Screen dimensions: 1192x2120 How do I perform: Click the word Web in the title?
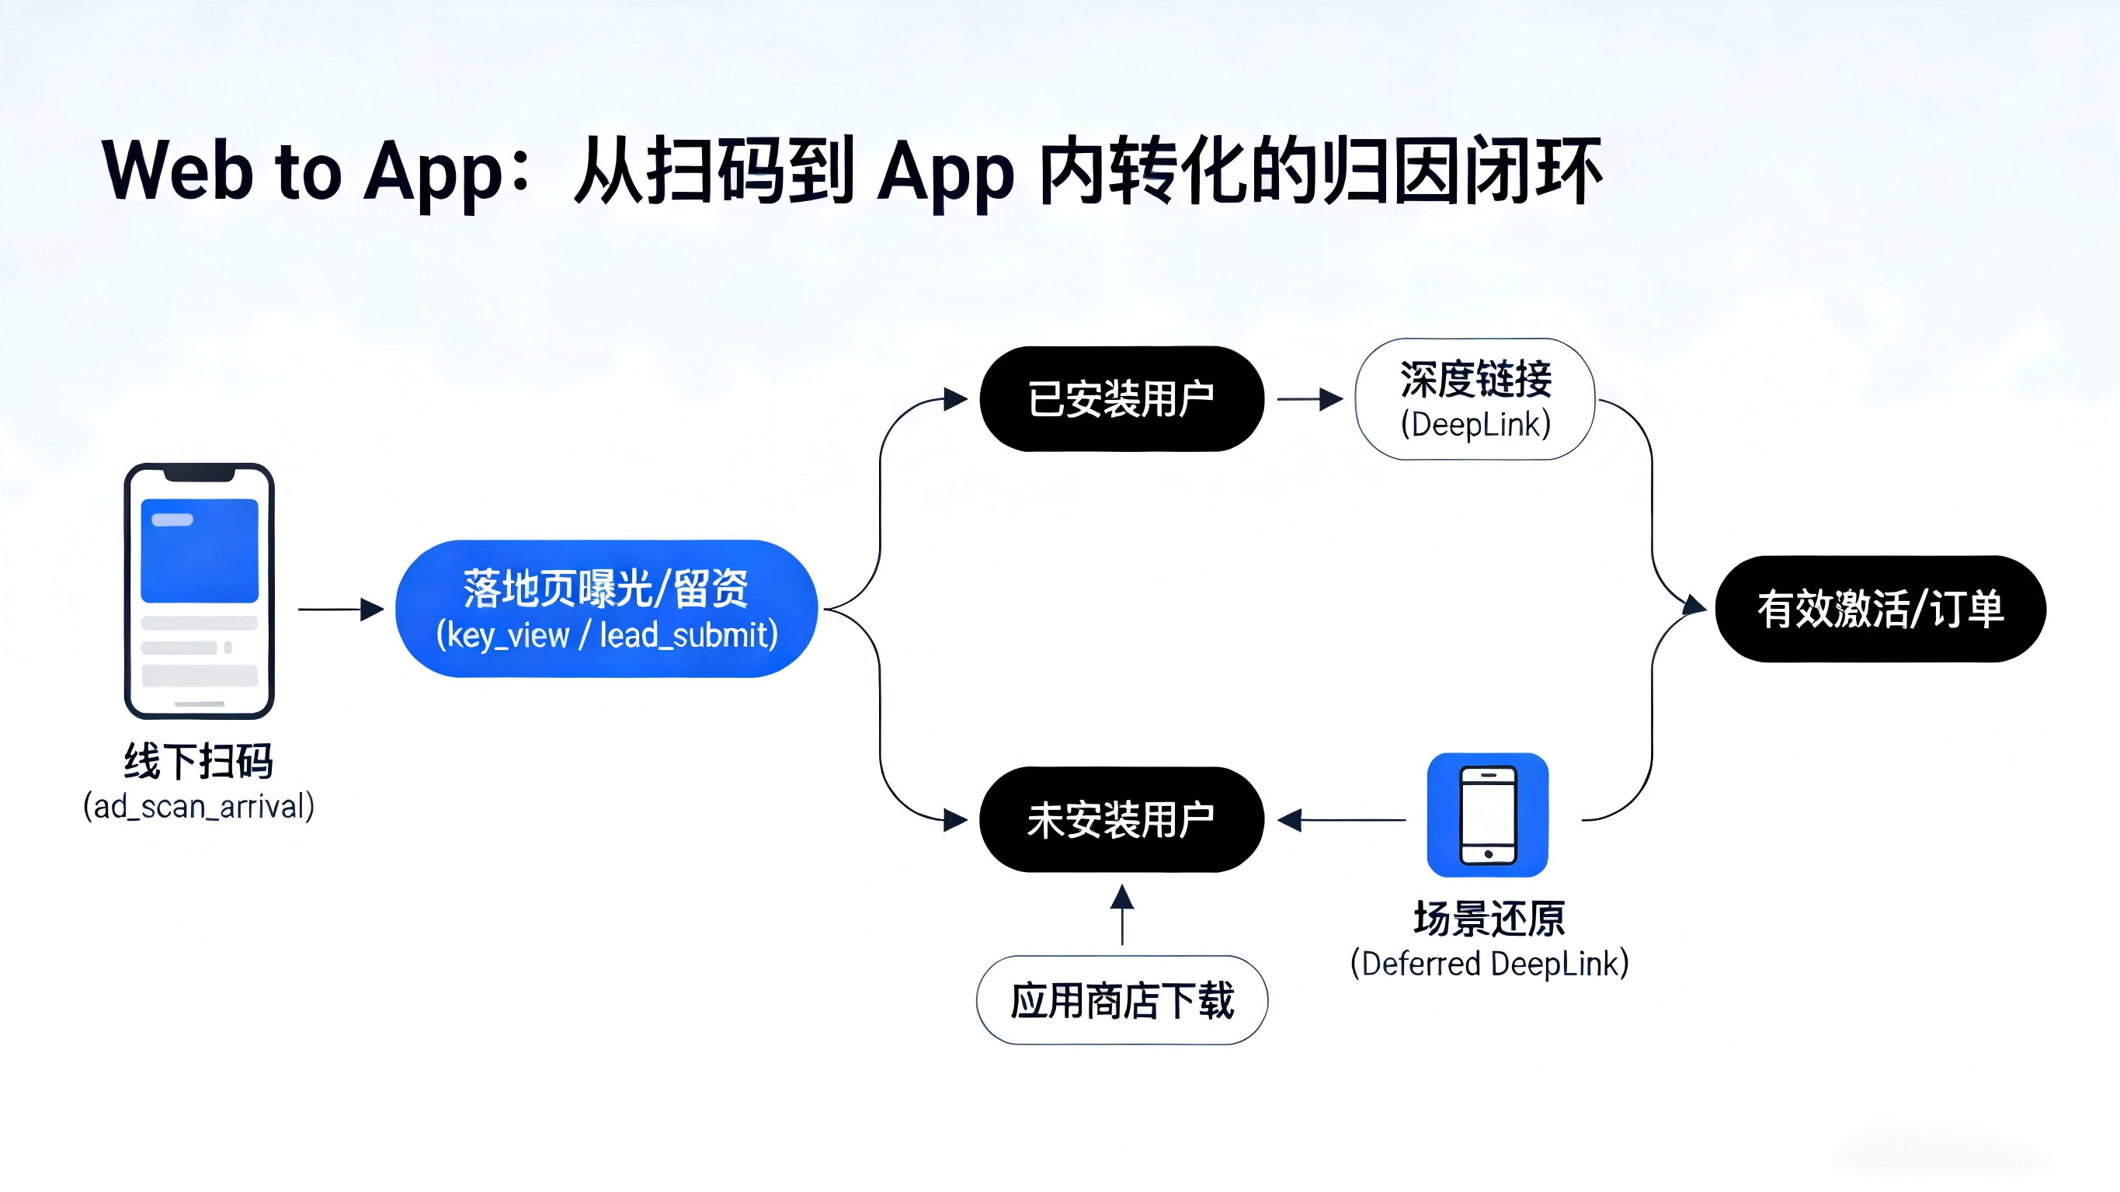click(177, 171)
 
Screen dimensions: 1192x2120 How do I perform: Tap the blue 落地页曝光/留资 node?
click(606, 608)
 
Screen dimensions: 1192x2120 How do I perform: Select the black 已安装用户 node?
click(1121, 399)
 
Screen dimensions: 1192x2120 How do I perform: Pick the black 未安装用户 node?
click(1121, 820)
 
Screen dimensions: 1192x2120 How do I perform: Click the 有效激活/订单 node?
click(1881, 609)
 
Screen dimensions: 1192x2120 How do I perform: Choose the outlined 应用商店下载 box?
click(1121, 1000)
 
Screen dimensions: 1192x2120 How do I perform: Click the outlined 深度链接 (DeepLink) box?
click(1475, 399)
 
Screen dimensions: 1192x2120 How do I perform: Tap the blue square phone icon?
click(1487, 815)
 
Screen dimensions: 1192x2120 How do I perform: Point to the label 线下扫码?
click(198, 761)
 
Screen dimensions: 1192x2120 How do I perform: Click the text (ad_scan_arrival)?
click(198, 807)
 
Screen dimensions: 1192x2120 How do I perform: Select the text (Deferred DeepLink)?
click(1489, 963)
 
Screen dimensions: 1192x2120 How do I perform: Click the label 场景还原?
click(1489, 919)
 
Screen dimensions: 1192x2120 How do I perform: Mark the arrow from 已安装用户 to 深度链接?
click(1309, 399)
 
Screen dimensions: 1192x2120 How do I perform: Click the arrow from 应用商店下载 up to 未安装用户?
click(1121, 914)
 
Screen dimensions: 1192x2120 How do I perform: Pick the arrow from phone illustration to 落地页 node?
click(341, 609)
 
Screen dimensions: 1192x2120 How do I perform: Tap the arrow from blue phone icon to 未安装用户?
click(1341, 820)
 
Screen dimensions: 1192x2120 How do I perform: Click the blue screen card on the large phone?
click(199, 550)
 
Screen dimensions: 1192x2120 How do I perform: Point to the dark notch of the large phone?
click(199, 474)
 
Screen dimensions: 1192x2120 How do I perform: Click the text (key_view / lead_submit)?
click(606, 634)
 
